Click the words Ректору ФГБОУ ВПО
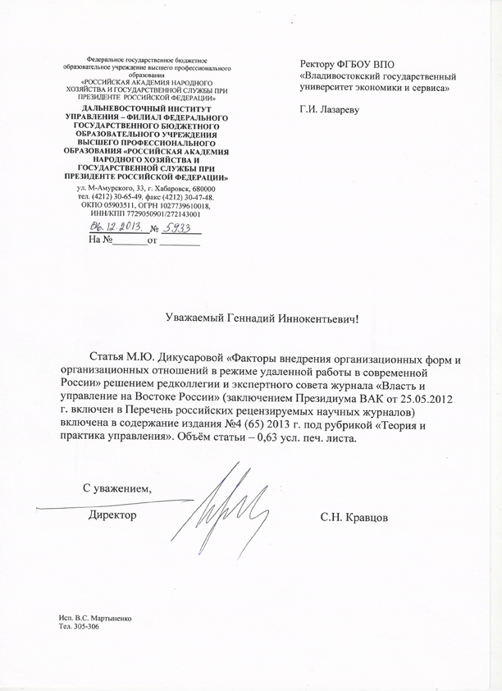(x=348, y=63)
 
